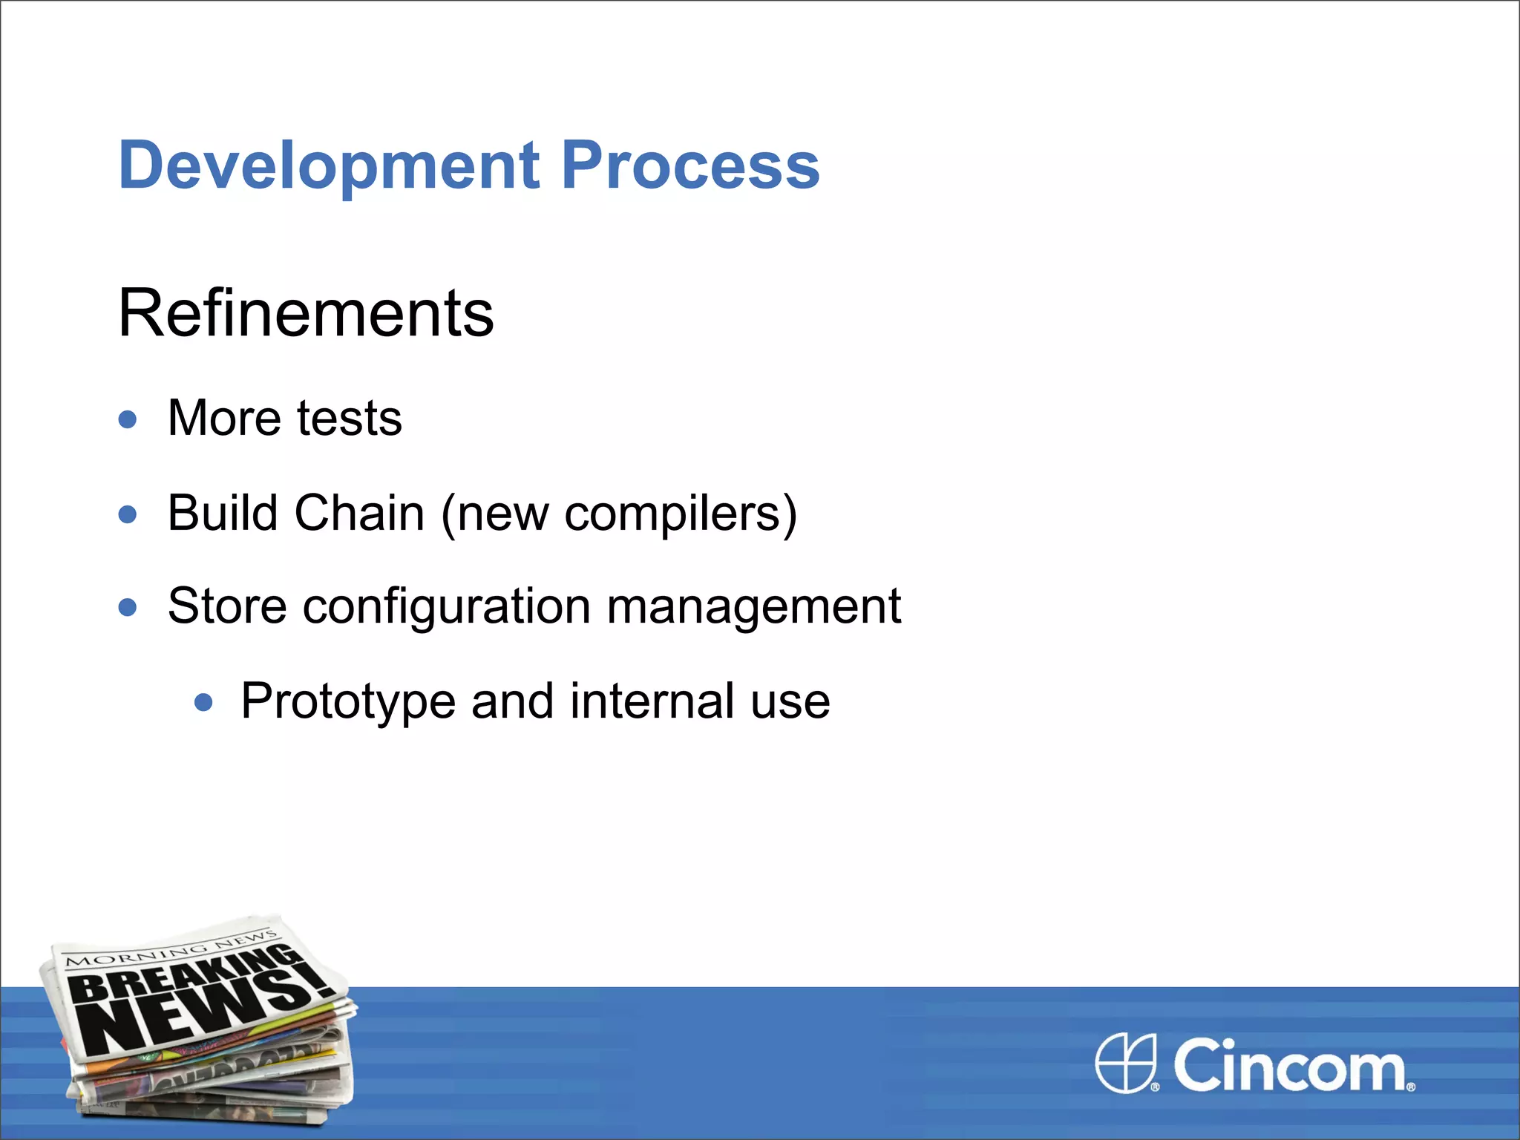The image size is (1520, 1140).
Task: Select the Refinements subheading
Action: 305,313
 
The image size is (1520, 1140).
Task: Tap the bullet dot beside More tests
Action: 128,419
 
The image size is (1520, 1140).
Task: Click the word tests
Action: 349,419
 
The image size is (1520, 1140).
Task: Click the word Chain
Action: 359,513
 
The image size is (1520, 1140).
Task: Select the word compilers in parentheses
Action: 672,514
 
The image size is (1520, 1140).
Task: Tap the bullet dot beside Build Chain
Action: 128,514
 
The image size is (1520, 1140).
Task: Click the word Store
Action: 227,606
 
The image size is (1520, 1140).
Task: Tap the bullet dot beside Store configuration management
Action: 128,608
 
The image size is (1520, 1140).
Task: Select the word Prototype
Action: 347,702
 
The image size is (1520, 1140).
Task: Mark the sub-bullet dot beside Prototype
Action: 203,702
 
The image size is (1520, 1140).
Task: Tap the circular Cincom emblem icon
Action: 1126,1064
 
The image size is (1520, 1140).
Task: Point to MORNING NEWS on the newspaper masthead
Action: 171,950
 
